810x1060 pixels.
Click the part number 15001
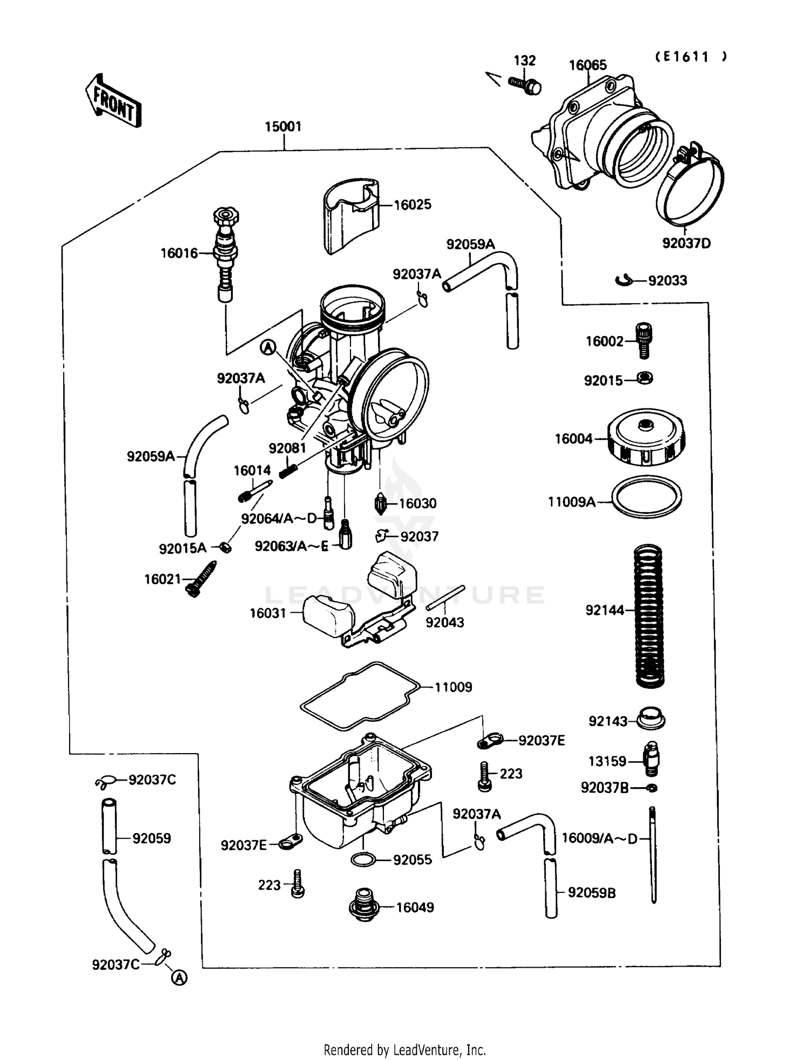(283, 126)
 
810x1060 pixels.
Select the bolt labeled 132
(525, 85)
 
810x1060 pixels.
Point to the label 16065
(588, 65)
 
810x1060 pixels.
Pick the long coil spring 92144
(648, 616)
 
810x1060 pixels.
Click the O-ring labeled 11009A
(646, 497)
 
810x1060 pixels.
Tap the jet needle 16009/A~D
(653, 854)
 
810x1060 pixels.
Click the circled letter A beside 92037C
(180, 977)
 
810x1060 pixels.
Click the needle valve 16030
(381, 504)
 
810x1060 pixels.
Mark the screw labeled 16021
(201, 579)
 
